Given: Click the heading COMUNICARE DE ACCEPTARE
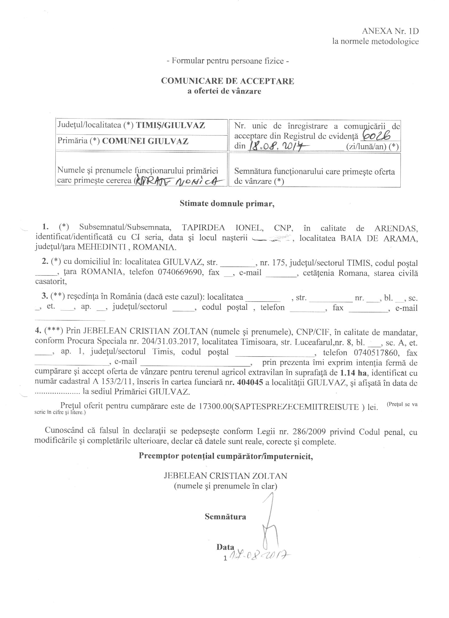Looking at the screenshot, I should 227,81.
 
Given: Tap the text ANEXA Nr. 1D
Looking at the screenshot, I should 390,31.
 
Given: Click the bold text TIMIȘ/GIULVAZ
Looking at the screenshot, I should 170,125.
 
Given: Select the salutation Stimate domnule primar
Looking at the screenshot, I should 227,204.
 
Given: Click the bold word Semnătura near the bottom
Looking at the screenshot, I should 225,516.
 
